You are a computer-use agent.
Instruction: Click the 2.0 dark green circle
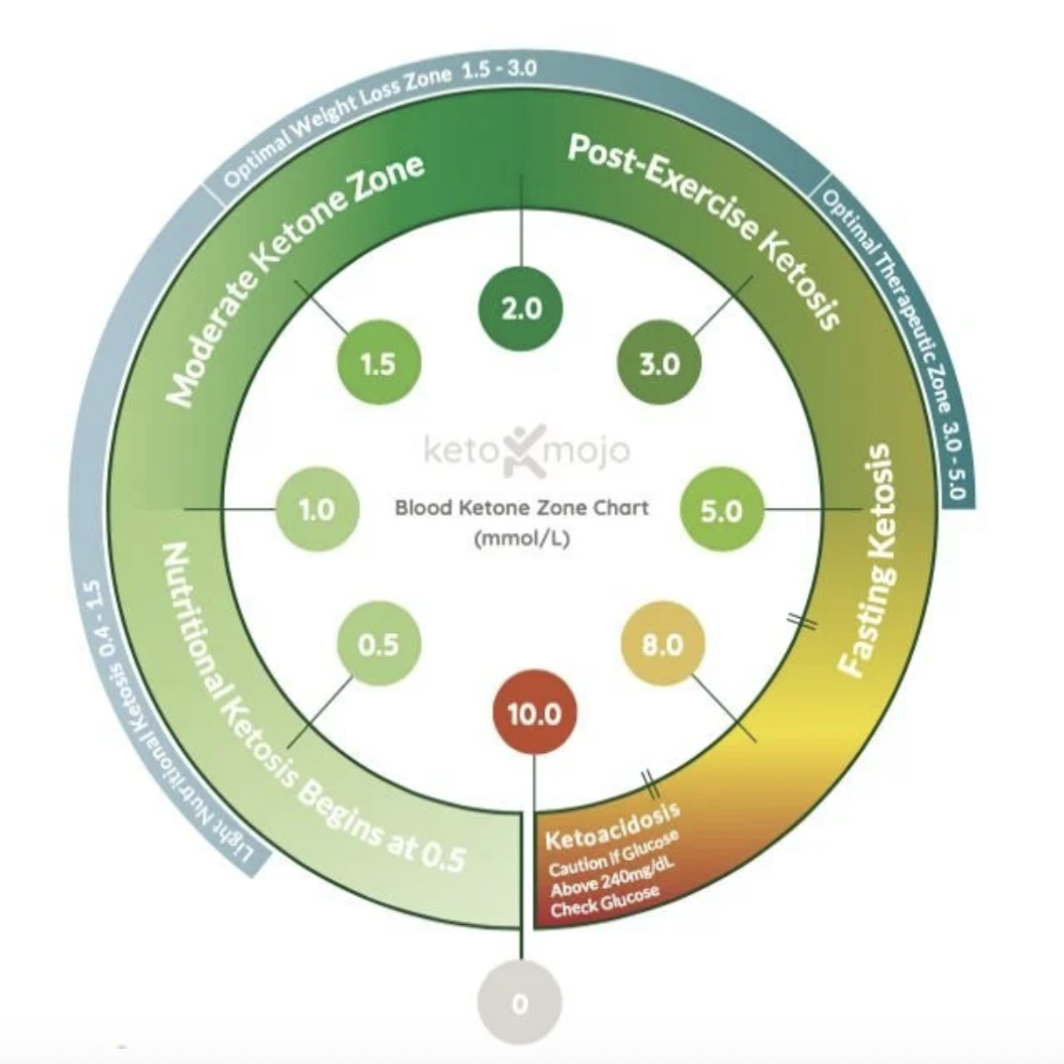522,309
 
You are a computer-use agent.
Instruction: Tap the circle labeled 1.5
378,364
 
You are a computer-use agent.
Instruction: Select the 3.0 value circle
659,364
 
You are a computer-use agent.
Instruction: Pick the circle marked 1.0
317,509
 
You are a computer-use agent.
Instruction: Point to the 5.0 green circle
721,511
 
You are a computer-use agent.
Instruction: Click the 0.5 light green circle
378,644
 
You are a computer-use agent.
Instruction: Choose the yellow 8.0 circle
661,644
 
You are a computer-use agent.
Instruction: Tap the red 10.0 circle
534,712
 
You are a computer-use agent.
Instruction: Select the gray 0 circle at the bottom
519,1003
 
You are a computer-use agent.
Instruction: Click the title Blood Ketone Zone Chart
522,507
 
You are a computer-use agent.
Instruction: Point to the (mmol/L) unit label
523,540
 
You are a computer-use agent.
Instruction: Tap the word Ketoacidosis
611,828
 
